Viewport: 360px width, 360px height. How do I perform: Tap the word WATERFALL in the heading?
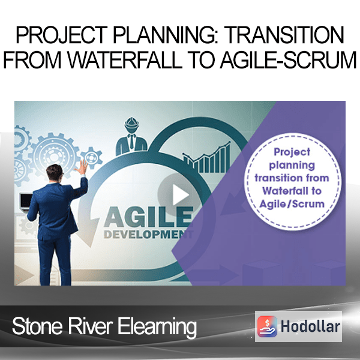point(125,60)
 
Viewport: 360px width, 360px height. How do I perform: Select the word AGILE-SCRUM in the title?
point(288,60)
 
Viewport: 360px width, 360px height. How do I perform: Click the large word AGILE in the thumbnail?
point(149,217)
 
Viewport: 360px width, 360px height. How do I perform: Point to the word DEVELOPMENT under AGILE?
point(149,235)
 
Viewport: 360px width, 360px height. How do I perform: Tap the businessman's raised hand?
point(82,167)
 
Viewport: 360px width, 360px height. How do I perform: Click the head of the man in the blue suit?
point(55,173)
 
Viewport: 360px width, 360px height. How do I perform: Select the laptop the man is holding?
point(26,202)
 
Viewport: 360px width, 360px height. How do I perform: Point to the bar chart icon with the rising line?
point(206,158)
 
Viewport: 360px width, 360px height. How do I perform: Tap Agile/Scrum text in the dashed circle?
point(292,204)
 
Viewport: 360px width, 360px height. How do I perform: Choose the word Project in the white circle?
point(292,152)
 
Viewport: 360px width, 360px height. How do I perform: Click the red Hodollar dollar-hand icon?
point(267,326)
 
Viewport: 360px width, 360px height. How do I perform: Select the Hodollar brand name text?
point(310,326)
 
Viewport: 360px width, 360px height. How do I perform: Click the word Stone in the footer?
point(37,326)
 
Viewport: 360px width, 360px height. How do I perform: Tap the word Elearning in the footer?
point(157,327)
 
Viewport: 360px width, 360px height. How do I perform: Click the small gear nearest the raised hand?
point(92,157)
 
